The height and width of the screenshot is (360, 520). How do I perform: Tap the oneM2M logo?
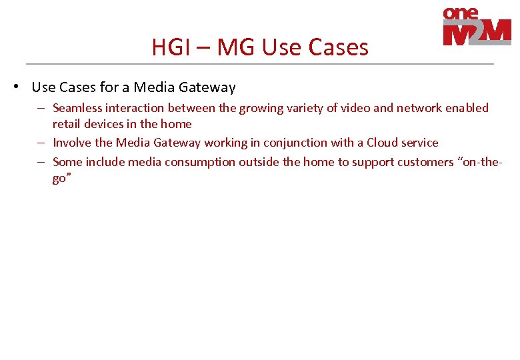pyautogui.click(x=477, y=27)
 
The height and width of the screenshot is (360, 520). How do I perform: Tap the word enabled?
pyautogui.click(x=466, y=108)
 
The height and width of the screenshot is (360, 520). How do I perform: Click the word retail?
pyautogui.click(x=67, y=124)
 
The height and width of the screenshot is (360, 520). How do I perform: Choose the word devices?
pyautogui.click(x=106, y=124)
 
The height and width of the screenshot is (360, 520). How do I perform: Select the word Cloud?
pyautogui.click(x=382, y=143)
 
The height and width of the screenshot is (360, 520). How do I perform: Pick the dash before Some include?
pyautogui.click(x=41, y=162)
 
